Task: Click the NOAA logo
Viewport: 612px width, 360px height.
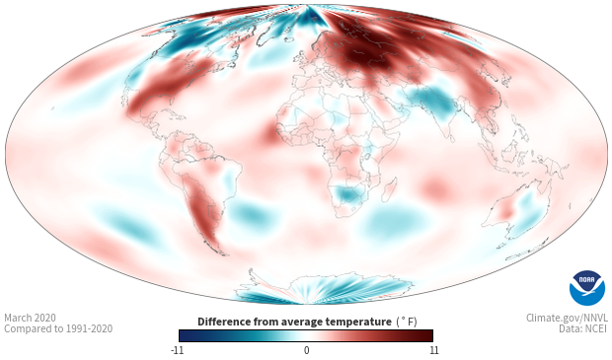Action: coord(587,287)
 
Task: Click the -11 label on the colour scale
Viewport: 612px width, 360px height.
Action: coord(177,350)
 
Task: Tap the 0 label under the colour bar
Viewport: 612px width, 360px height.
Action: coord(306,350)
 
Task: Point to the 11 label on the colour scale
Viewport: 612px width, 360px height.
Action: coord(433,350)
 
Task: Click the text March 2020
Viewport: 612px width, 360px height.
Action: coord(30,318)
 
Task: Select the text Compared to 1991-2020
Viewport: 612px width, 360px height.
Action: coord(58,328)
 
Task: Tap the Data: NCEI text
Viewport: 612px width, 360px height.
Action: coord(583,328)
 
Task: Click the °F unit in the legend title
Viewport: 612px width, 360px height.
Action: coord(407,322)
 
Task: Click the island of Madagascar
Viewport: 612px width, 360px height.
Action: coord(390,189)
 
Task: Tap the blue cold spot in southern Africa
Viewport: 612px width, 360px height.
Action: coord(347,194)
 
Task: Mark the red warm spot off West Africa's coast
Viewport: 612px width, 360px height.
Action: coord(270,133)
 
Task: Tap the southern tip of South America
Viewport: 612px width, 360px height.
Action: coord(224,254)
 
